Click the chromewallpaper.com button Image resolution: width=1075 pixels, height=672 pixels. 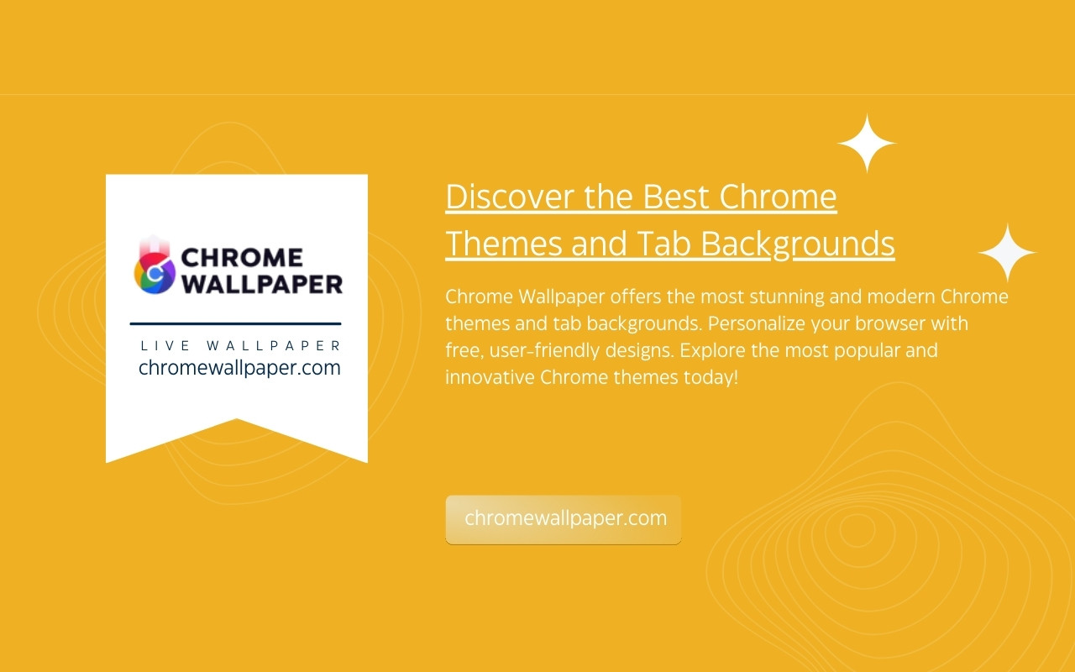point(563,519)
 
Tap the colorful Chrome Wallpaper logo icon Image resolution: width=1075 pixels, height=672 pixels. point(155,265)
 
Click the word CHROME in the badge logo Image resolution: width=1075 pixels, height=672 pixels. point(242,258)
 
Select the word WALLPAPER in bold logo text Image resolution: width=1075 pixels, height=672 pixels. point(262,284)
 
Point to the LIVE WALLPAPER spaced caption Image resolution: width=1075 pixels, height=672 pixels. point(240,345)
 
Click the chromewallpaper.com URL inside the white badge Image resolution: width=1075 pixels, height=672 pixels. point(239,368)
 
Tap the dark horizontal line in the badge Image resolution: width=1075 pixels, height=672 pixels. point(235,323)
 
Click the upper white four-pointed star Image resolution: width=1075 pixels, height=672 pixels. point(867,143)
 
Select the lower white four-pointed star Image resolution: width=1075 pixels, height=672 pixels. point(1007,253)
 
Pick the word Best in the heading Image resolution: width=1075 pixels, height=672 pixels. point(676,197)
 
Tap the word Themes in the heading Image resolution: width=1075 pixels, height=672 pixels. point(504,244)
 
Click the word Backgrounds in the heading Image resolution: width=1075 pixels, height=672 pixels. point(798,244)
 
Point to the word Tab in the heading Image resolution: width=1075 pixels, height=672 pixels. point(663,244)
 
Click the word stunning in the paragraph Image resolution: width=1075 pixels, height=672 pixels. point(787,297)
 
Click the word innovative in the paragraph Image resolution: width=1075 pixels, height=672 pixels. point(490,377)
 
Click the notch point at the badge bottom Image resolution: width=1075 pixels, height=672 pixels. point(237,419)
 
